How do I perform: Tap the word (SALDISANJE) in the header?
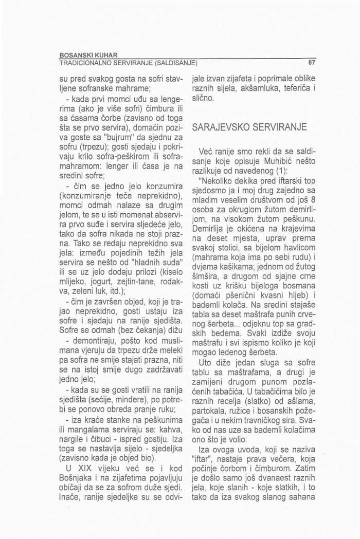point(173,64)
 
